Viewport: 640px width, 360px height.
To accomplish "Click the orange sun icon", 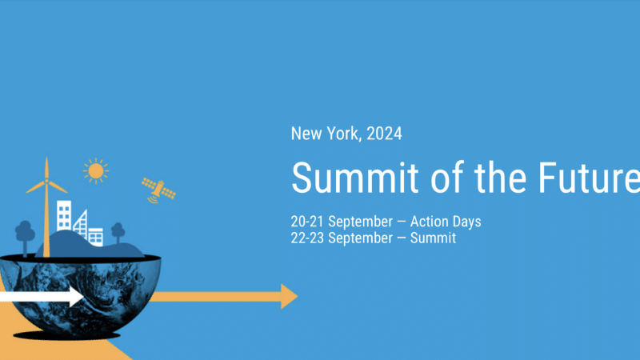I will pos(95,170).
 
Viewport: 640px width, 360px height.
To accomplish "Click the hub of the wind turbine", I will pos(46,181).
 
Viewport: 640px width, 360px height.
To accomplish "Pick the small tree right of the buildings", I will pos(118,231).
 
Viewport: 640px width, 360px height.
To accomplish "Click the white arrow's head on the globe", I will pos(74,298).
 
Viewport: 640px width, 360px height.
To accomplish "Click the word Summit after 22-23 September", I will pos(433,238).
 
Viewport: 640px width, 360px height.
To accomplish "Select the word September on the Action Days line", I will pos(361,221).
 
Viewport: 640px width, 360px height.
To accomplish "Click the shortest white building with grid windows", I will pos(96,236).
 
